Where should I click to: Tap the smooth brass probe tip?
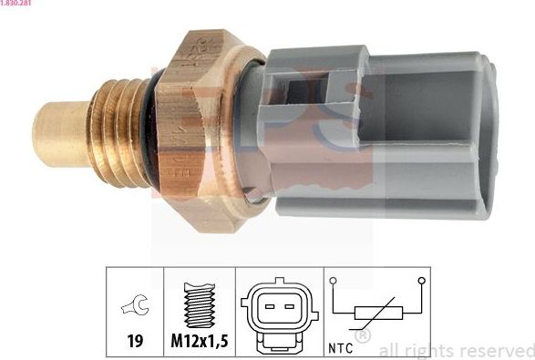[59, 131]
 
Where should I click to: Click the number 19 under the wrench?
[134, 343]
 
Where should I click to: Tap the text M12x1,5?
[199, 343]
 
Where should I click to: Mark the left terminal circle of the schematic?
[334, 282]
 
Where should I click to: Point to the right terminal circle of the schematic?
[420, 282]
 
